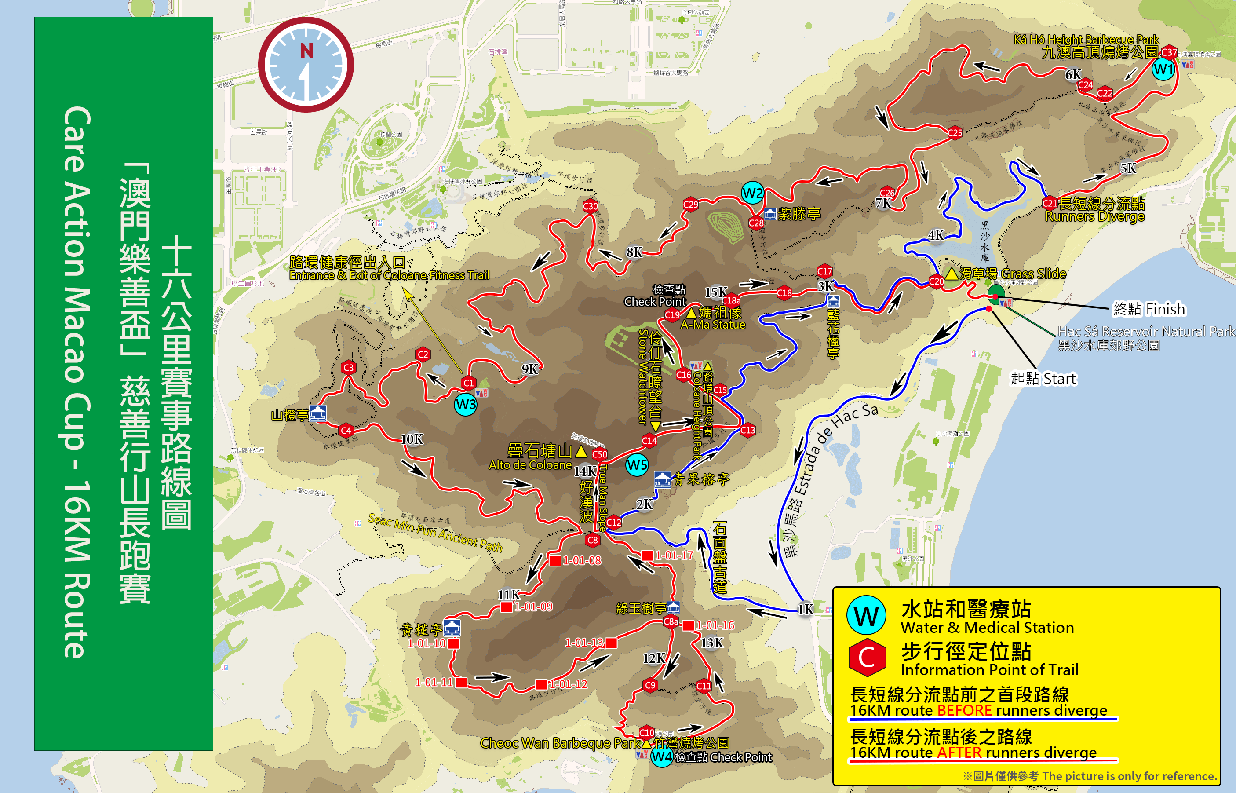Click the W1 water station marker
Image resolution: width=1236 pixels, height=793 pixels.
click(1163, 69)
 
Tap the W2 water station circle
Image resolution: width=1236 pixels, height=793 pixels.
click(752, 194)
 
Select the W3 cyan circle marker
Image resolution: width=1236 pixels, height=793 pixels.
click(465, 404)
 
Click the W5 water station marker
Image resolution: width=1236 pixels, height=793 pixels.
click(637, 465)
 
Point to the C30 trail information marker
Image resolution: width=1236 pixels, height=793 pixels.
click(590, 206)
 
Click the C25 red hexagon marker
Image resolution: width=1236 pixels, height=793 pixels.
click(955, 133)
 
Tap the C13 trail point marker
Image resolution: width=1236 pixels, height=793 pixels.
click(747, 430)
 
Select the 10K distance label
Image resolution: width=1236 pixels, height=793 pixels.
click(412, 439)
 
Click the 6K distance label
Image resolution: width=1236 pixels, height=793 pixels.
click(1073, 75)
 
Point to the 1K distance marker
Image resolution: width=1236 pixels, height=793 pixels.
click(805, 610)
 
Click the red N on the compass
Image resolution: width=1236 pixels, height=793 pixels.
click(307, 51)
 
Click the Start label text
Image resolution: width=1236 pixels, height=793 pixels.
click(1043, 379)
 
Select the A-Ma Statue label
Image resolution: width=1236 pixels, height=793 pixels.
click(713, 325)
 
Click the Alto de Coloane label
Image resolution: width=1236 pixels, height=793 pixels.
click(530, 465)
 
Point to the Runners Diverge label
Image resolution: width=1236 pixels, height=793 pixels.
click(1094, 217)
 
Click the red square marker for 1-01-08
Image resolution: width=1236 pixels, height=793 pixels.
click(555, 561)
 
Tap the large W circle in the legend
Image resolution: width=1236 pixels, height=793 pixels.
click(867, 615)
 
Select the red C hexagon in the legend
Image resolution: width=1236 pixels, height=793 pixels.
click(867, 658)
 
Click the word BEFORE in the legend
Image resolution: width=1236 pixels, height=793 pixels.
click(964, 711)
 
